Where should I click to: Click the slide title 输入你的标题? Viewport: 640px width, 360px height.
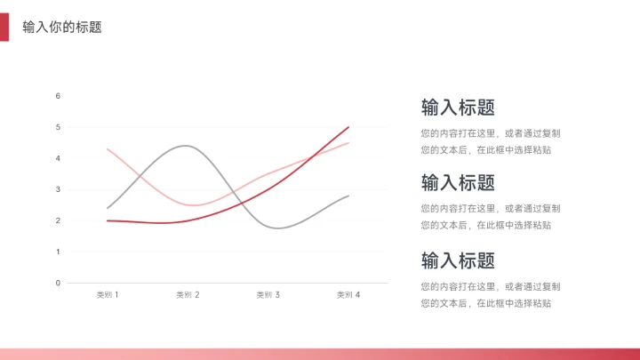[62, 28]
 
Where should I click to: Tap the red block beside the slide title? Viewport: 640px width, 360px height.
[4, 28]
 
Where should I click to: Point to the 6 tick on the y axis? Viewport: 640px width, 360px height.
[58, 96]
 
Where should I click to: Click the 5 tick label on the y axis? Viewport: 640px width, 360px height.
[58, 127]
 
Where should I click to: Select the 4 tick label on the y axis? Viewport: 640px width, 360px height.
[58, 158]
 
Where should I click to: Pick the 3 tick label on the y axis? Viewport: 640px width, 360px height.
[58, 189]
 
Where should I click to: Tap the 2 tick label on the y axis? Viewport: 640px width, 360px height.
[58, 220]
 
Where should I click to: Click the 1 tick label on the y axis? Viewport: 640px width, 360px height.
[58, 252]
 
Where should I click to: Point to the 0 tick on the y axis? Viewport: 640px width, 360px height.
[58, 283]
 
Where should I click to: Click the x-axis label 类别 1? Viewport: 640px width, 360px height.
[108, 294]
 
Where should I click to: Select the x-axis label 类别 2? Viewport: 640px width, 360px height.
[188, 294]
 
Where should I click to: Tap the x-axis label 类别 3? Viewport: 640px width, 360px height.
[268, 294]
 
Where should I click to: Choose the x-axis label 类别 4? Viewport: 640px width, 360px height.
[348, 294]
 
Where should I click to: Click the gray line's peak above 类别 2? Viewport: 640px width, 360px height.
[186, 146]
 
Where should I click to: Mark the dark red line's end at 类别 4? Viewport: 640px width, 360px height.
[348, 127]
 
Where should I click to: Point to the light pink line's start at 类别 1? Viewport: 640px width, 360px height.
[108, 149]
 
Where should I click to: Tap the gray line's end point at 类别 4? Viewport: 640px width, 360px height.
[348, 196]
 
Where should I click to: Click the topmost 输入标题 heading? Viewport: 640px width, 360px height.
[458, 108]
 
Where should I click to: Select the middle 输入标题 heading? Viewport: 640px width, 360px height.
[458, 183]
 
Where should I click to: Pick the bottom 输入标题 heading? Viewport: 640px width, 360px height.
[458, 260]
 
